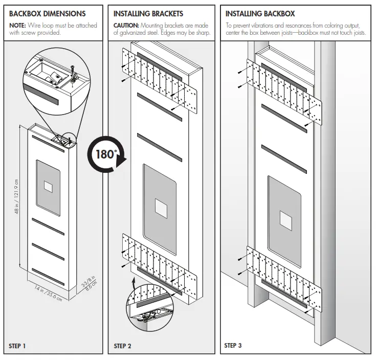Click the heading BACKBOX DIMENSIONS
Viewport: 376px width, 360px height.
click(48, 14)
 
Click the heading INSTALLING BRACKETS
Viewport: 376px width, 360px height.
click(148, 14)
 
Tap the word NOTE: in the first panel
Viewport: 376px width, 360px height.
click(18, 25)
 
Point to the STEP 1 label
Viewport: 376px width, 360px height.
click(17, 346)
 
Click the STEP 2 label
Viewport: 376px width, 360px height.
click(122, 346)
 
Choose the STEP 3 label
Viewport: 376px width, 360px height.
click(233, 346)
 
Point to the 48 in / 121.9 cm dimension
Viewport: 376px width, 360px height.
click(16, 197)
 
